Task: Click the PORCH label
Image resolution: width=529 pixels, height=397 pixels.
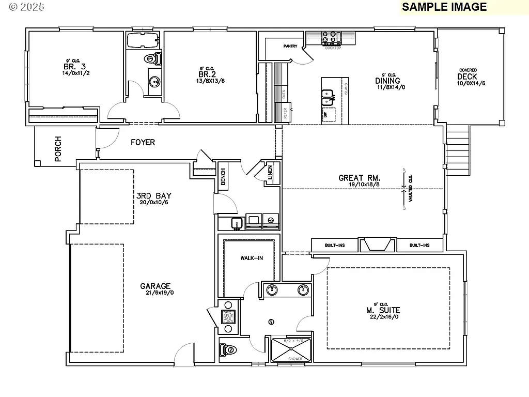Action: tap(58, 149)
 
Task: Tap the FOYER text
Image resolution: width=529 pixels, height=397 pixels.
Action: tap(143, 142)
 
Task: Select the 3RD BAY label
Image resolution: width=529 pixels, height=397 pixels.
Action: tap(153, 196)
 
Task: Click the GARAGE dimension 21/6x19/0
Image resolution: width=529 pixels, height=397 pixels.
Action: tap(157, 293)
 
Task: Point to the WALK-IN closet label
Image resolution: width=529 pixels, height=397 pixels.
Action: tap(251, 258)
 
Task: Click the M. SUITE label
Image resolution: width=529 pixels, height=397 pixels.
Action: tap(382, 310)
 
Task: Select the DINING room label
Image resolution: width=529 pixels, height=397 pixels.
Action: tap(387, 81)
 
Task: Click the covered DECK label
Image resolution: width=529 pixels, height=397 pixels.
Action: tap(468, 77)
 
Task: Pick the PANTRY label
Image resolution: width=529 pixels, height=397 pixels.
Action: tap(290, 46)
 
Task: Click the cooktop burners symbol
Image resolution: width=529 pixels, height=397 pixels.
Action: tap(331, 38)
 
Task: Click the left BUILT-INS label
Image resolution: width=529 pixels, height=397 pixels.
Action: tap(335, 245)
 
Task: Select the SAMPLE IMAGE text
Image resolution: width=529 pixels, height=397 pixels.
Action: tap(444, 7)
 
